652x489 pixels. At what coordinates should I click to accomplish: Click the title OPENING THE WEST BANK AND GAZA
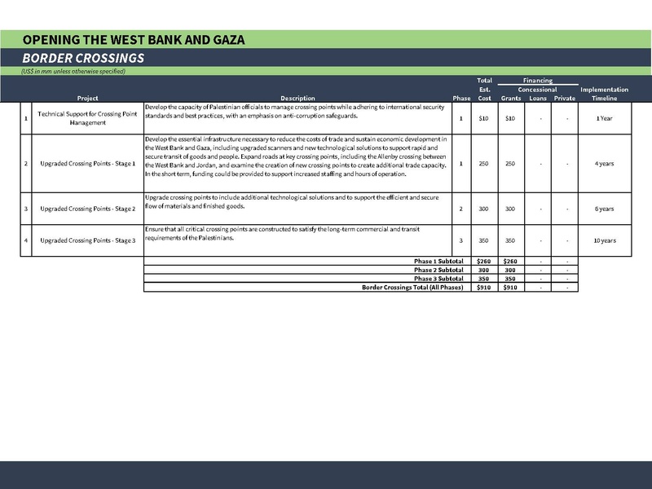click(x=134, y=39)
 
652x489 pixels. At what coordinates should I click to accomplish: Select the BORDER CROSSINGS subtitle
click(x=83, y=58)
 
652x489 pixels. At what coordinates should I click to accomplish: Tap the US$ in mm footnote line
click(x=73, y=72)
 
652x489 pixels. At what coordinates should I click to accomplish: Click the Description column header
click(x=297, y=98)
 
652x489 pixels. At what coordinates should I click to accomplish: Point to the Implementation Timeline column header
click(x=604, y=93)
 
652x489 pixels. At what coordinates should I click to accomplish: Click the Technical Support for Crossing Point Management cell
click(x=86, y=118)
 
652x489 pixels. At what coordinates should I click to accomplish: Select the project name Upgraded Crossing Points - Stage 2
click(x=86, y=209)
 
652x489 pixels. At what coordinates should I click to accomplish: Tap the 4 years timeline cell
click(x=604, y=164)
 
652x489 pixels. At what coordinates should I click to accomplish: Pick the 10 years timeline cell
click(x=604, y=241)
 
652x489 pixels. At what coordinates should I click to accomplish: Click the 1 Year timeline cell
click(x=604, y=118)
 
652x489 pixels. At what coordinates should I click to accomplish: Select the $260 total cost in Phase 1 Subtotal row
click(x=485, y=261)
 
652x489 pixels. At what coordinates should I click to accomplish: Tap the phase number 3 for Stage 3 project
click(x=460, y=241)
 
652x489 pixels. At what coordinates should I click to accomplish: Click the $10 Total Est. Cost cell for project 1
click(x=485, y=118)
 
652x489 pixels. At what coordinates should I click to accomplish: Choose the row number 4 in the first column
click(x=26, y=241)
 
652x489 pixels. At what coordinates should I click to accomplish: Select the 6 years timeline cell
click(x=604, y=209)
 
